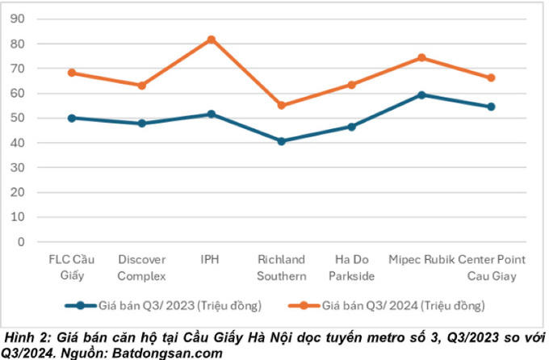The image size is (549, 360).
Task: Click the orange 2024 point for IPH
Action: pyautogui.click(x=212, y=39)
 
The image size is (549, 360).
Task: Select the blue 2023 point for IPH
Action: pyautogui.click(x=212, y=114)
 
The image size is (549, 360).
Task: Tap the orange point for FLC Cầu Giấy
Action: pyautogui.click(x=72, y=73)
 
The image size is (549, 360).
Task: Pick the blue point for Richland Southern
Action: pyautogui.click(x=282, y=141)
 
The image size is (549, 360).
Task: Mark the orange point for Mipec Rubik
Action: pyautogui.click(x=421, y=57)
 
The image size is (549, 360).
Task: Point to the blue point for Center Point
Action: pyautogui.click(x=490, y=107)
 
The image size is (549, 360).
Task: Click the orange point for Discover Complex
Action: pyautogui.click(x=142, y=85)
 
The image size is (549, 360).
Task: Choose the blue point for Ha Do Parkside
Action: pyautogui.click(x=351, y=127)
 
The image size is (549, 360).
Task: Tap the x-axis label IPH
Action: pyautogui.click(x=212, y=260)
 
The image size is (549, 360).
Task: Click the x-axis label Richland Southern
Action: pyautogui.click(x=282, y=267)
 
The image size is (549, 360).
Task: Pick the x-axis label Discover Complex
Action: pyautogui.click(x=142, y=267)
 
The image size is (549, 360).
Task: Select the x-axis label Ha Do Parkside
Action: pyautogui.click(x=351, y=267)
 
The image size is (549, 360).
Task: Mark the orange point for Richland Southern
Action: pyautogui.click(x=282, y=105)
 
